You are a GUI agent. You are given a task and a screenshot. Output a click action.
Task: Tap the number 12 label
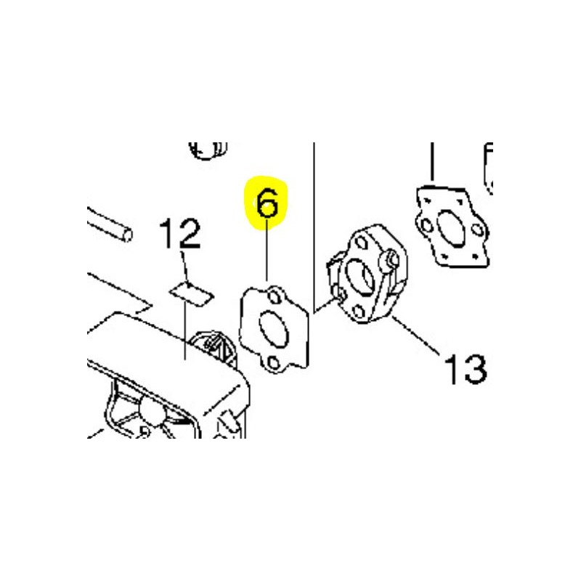(x=179, y=233)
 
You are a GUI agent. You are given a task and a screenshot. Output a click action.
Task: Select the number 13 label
(x=465, y=369)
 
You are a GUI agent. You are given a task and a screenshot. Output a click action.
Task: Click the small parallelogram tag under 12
(x=192, y=293)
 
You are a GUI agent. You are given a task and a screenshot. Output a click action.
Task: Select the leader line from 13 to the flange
(x=416, y=334)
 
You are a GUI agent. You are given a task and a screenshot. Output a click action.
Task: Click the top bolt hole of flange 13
(x=359, y=243)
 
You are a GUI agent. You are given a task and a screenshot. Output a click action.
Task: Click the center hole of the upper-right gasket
(x=451, y=226)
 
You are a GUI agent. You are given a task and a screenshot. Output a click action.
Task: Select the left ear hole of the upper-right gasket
(x=427, y=224)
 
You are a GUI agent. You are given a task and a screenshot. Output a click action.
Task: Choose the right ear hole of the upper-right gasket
(x=478, y=229)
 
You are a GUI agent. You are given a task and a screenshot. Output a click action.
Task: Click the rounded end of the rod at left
(x=127, y=235)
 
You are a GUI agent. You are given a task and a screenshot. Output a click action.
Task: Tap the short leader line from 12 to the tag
(x=186, y=268)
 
